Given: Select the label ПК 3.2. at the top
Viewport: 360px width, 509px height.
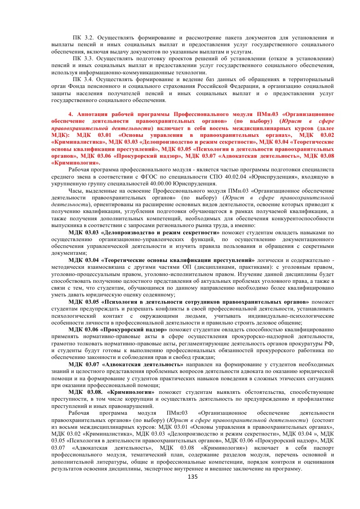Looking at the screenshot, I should click(83, 37).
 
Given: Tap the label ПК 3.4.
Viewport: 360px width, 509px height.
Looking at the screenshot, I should click(83, 79).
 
